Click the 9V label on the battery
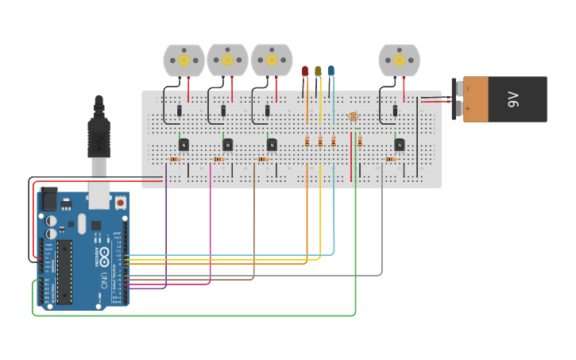513,99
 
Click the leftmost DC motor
184,60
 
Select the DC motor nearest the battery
399,60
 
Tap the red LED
305,72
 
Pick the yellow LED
318,72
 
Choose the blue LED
331,71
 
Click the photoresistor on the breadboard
354,117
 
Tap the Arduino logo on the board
103,256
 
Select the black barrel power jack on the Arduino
48,198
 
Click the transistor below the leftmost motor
184,144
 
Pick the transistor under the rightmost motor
399,144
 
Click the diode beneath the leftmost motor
179,110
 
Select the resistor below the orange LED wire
307,141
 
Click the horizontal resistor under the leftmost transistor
175,159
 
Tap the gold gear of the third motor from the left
272,60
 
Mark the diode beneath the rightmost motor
395,110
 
